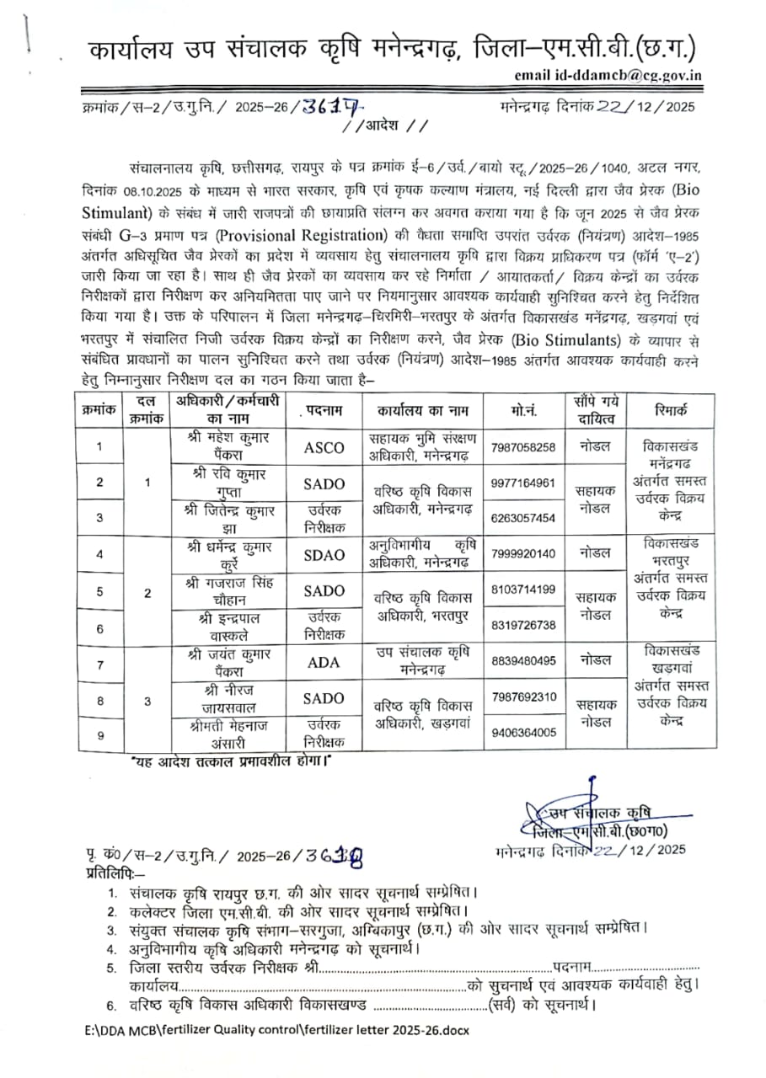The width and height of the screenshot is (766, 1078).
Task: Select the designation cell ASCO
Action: pos(324,448)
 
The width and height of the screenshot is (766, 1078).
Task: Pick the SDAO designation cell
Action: pos(324,555)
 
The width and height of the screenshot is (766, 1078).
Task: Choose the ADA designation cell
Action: pos(324,663)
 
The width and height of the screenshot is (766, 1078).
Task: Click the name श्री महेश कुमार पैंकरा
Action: pos(222,446)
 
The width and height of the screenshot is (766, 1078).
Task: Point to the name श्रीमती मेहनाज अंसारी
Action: pos(222,734)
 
